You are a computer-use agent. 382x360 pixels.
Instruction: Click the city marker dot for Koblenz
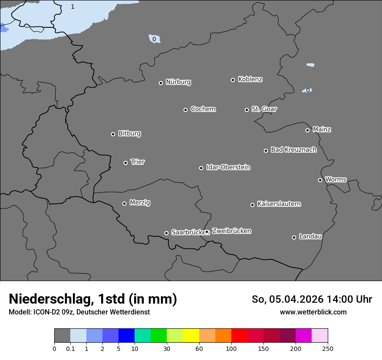tap(233, 80)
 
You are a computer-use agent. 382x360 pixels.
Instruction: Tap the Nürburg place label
tap(178, 82)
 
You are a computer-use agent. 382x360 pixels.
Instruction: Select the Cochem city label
tap(203, 109)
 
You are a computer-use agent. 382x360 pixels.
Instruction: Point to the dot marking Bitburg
tap(113, 134)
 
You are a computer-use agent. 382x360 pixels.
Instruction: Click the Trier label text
tap(138, 162)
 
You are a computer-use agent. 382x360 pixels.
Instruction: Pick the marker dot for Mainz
tap(307, 130)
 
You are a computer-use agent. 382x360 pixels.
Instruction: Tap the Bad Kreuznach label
tap(293, 150)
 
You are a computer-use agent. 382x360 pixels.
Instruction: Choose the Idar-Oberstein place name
tap(228, 167)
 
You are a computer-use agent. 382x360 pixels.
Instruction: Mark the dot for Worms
tap(320, 180)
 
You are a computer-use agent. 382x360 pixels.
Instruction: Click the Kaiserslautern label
tap(279, 204)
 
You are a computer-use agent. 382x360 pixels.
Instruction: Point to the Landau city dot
tap(294, 237)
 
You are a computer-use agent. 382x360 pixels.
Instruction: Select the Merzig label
tap(140, 203)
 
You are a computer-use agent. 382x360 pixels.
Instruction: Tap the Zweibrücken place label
tap(231, 231)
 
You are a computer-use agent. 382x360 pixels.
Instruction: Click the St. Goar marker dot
tap(247, 110)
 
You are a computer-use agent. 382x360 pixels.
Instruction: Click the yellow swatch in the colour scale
tap(191, 336)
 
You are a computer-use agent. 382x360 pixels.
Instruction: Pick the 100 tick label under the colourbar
tap(231, 349)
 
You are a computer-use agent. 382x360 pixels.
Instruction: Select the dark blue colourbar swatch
tap(126, 336)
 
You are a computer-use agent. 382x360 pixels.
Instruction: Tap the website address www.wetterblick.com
tap(313, 312)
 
